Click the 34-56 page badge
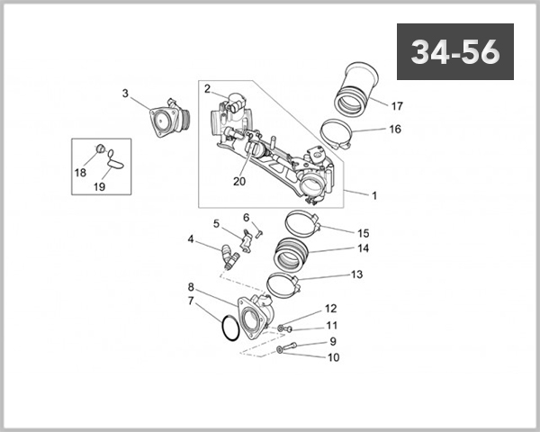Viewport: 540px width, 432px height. (455, 52)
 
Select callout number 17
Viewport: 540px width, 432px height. (397, 104)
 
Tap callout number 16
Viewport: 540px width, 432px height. (394, 129)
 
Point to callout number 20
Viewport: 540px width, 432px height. (238, 181)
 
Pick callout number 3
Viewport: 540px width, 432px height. (125, 93)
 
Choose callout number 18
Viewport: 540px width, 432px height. (80, 171)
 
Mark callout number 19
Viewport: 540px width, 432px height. (100, 187)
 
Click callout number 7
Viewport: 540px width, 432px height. (190, 301)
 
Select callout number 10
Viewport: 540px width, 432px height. (332, 357)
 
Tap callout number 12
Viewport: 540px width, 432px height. (331, 309)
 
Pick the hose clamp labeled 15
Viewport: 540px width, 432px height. (300, 221)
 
